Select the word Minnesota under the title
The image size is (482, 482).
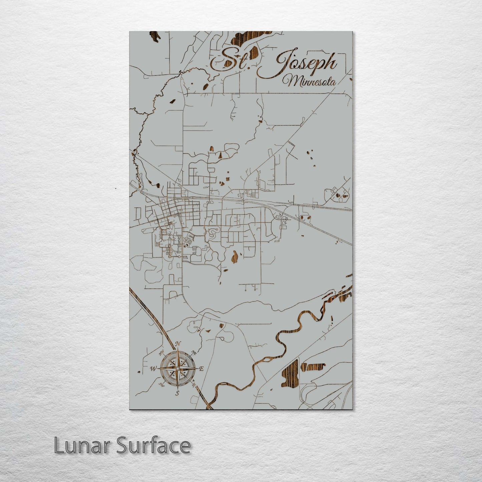[309, 81]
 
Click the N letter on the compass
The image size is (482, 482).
[178, 344]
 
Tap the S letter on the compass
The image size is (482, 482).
[177, 393]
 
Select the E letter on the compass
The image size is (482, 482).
[201, 369]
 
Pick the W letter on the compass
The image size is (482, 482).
[153, 369]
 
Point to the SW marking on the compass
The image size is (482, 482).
[162, 385]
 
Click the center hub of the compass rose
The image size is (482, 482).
[177, 368]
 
